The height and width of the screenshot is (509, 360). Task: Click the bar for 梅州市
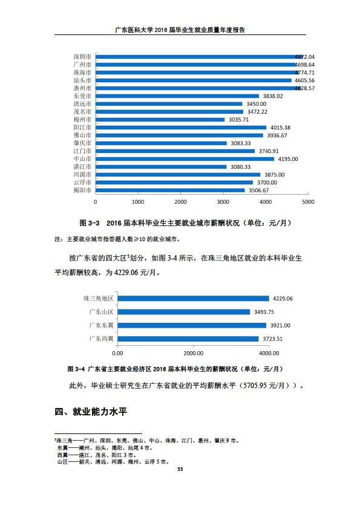click(160, 120)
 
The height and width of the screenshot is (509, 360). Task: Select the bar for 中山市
click(185, 159)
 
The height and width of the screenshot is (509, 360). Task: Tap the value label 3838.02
click(273, 96)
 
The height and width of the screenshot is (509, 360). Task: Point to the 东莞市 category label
click(82, 96)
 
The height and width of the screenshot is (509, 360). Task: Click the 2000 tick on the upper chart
click(180, 201)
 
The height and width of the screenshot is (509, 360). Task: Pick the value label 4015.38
click(280, 128)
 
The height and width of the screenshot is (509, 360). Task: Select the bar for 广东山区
click(184, 312)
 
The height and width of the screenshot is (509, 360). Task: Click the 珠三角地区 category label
click(99, 298)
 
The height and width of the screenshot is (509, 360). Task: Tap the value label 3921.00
click(280, 325)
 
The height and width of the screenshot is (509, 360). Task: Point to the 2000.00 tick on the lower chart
click(194, 353)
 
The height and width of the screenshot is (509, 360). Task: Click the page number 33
click(180, 469)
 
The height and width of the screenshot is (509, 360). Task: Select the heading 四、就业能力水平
click(91, 412)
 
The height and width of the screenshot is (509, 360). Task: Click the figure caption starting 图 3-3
click(185, 223)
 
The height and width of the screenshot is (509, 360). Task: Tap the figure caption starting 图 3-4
click(175, 369)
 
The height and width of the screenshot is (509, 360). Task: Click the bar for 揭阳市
click(170, 190)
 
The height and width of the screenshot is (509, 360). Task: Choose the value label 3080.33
click(241, 167)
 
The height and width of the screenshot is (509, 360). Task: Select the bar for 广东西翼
click(188, 339)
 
